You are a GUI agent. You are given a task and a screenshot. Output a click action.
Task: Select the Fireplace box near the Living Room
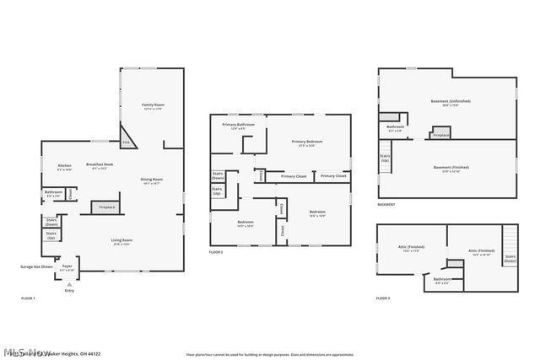pyautogui.click(x=107, y=207)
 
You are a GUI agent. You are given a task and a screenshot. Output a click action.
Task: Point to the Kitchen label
pyautogui.click(x=64, y=167)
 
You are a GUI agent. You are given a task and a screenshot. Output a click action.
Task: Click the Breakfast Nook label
pyautogui.click(x=100, y=166)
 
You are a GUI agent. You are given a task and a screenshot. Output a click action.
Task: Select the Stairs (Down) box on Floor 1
pyautogui.click(x=51, y=223)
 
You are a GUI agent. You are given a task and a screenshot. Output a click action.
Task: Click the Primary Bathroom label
pyautogui.click(x=238, y=126)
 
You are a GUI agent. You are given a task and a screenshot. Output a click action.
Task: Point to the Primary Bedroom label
pyautogui.click(x=307, y=142)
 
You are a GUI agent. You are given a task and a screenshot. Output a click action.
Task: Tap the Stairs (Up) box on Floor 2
pyautogui.click(x=218, y=191)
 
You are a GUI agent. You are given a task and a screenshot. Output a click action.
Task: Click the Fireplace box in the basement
pyautogui.click(x=441, y=135)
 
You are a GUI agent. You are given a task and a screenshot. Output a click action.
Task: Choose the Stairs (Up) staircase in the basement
pyautogui.click(x=386, y=158)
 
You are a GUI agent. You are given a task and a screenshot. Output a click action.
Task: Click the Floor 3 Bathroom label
pyautogui.click(x=441, y=281)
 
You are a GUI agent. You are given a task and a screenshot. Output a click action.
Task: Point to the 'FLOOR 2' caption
pyautogui.click(x=217, y=252)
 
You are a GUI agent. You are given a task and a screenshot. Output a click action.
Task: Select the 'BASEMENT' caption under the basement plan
pyautogui.click(x=386, y=204)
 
